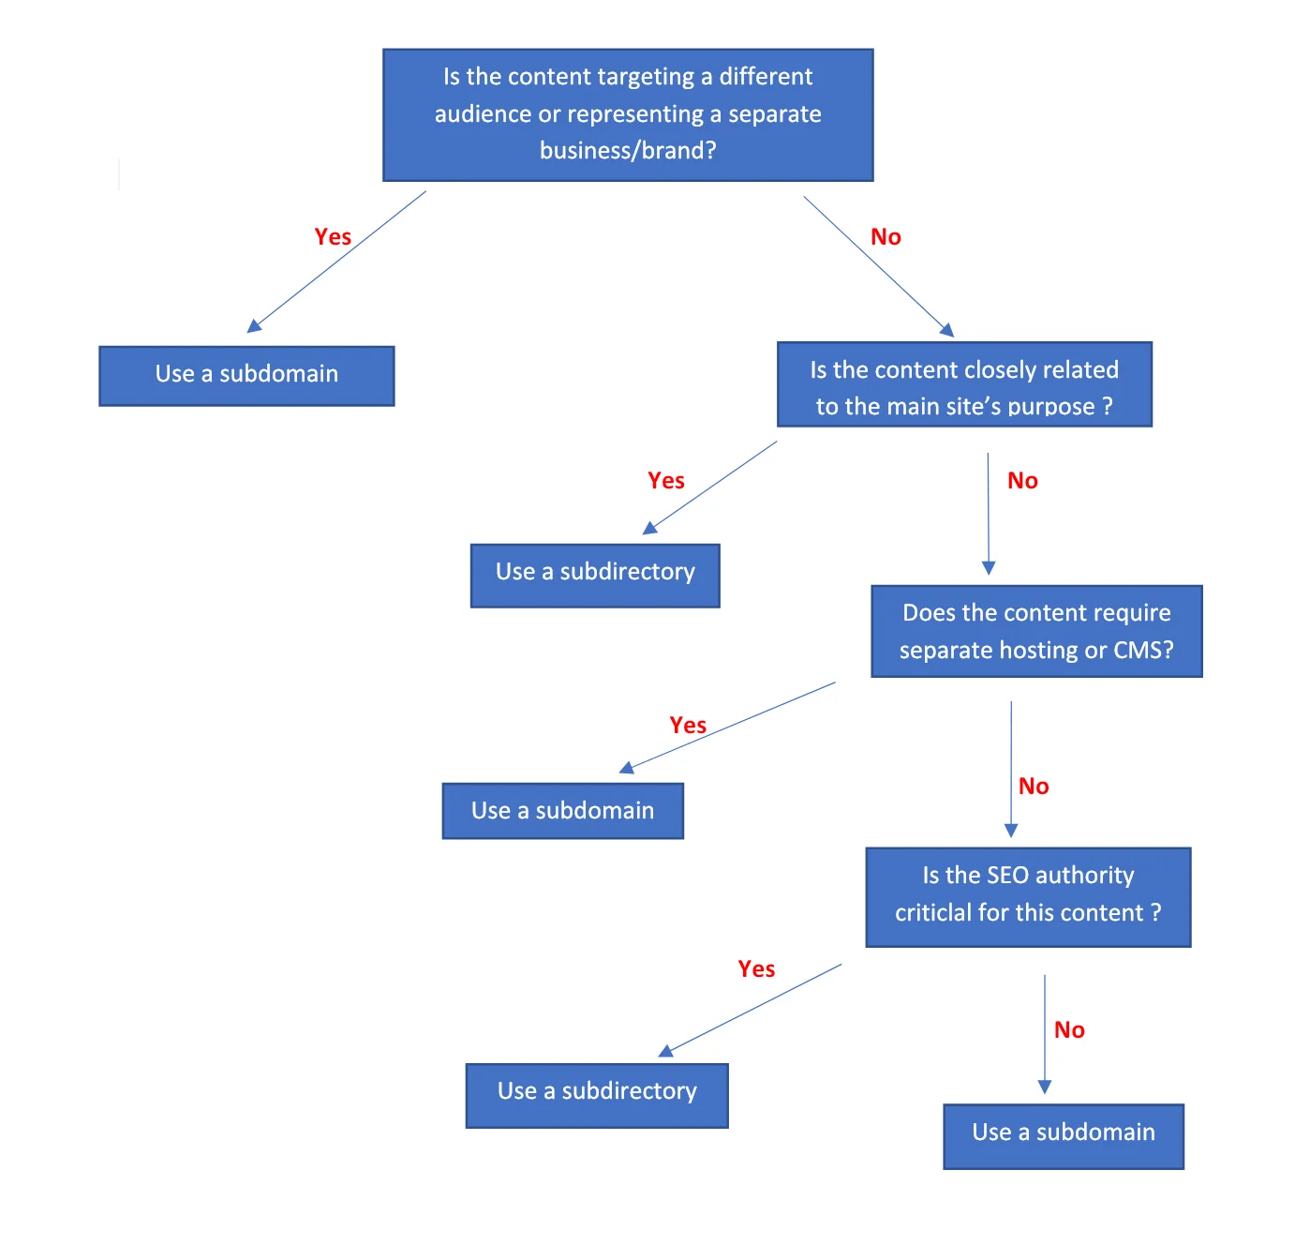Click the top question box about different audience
[628, 114]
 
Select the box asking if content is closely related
[964, 385]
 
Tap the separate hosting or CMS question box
[1036, 631]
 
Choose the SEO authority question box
[1028, 897]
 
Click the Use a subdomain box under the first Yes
[246, 375]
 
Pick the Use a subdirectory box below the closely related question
[595, 575]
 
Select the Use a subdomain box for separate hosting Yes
[562, 811]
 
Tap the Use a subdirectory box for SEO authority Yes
[597, 1095]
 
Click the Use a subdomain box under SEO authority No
[1064, 1135]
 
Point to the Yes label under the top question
[333, 237]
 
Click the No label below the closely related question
[1022, 481]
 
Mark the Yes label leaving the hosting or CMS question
[688, 726]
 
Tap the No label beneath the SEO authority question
[1069, 1030]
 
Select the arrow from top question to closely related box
[878, 266]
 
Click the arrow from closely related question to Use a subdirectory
[710, 487]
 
